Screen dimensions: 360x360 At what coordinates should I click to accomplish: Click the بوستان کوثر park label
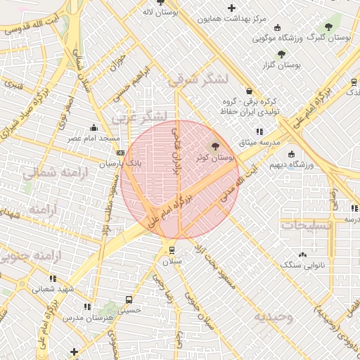(x=217, y=158)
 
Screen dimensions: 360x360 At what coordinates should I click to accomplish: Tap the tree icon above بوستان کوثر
(x=214, y=146)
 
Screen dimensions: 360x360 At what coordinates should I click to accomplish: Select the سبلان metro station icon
(x=172, y=250)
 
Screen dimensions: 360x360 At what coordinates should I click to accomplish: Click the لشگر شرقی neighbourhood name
(x=198, y=79)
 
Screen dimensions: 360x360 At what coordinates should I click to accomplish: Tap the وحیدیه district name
(x=274, y=316)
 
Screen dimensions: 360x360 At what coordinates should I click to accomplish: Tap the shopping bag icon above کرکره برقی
(x=250, y=91)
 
